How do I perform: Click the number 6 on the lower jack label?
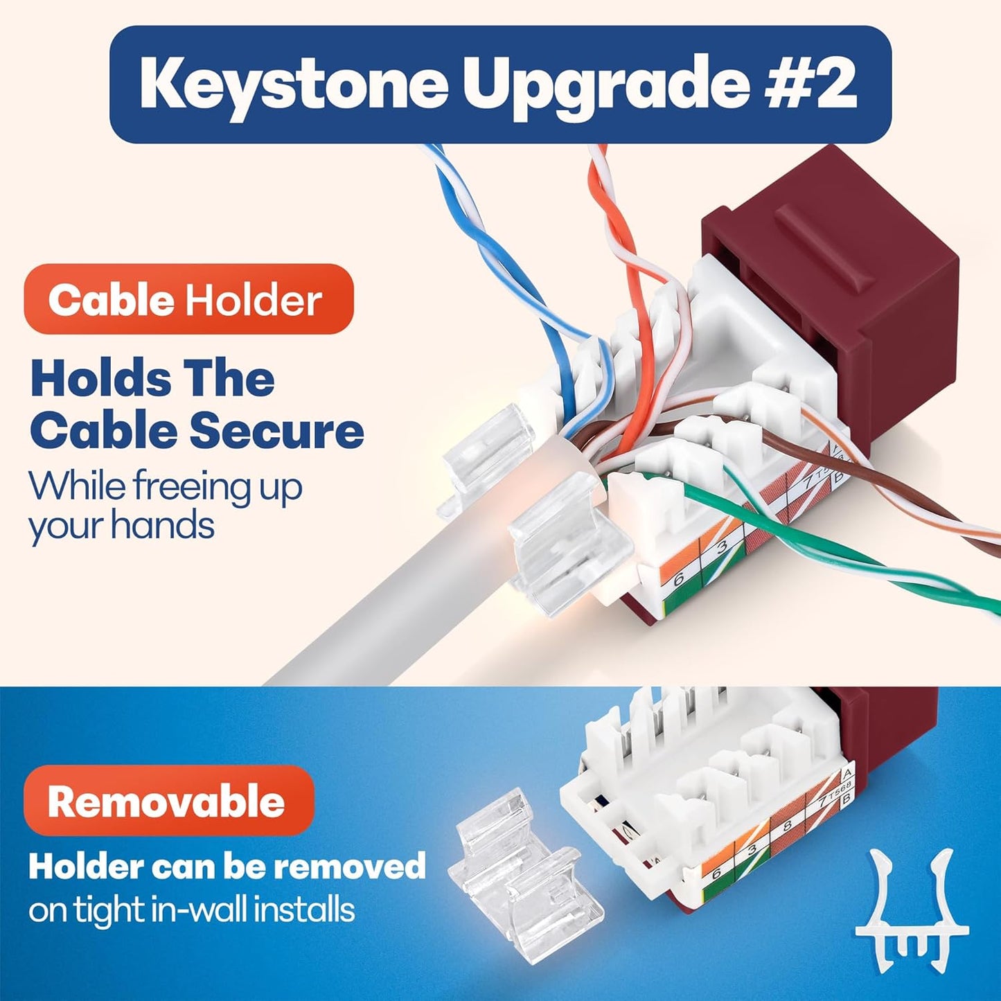pyautogui.click(x=717, y=874)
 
